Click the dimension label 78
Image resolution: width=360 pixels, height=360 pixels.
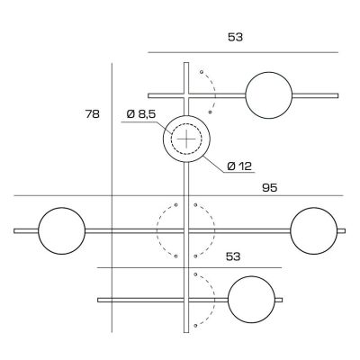point(91,114)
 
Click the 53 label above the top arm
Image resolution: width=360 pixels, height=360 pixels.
point(236,38)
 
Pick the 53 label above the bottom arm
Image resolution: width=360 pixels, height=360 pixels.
point(234,256)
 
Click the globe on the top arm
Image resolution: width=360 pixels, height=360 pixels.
point(269,94)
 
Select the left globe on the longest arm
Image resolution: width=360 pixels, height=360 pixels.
point(61,230)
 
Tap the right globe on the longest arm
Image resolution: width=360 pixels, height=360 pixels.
point(313,230)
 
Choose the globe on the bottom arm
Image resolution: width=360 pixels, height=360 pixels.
point(251,298)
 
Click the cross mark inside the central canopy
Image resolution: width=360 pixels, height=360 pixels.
point(186,139)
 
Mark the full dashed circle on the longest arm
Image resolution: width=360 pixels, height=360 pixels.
point(186,230)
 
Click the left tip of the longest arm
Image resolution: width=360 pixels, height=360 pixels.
point(16,231)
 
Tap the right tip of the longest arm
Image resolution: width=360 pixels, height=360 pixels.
point(344,231)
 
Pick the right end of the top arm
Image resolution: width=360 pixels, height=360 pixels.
point(337,94)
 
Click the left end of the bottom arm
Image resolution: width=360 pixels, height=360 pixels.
point(98,298)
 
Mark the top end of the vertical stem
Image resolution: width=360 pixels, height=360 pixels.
point(186,64)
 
